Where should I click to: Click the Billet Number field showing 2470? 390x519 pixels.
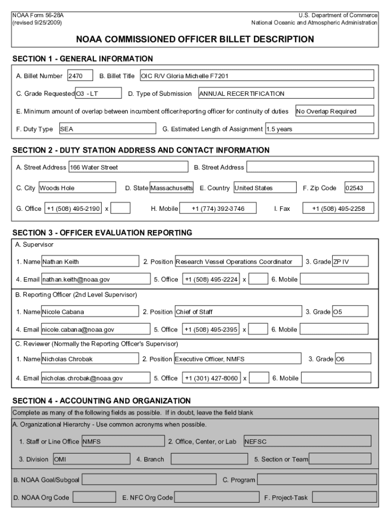80,76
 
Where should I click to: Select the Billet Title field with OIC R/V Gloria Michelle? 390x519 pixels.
256,76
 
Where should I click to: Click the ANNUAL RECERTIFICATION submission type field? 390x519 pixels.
286,93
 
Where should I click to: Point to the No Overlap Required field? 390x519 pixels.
334,111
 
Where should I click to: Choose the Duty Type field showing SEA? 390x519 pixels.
106,129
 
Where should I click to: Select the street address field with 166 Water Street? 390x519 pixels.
128,167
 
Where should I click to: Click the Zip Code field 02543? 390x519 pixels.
359,188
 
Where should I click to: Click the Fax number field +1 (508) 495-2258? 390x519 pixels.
338,208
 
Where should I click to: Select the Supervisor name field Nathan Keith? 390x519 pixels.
90,262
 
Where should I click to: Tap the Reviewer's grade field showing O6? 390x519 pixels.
353,359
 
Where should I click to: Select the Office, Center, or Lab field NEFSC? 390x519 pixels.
307,441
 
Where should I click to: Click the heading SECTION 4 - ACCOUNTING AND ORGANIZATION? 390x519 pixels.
101,400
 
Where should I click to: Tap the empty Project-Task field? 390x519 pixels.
343,498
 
